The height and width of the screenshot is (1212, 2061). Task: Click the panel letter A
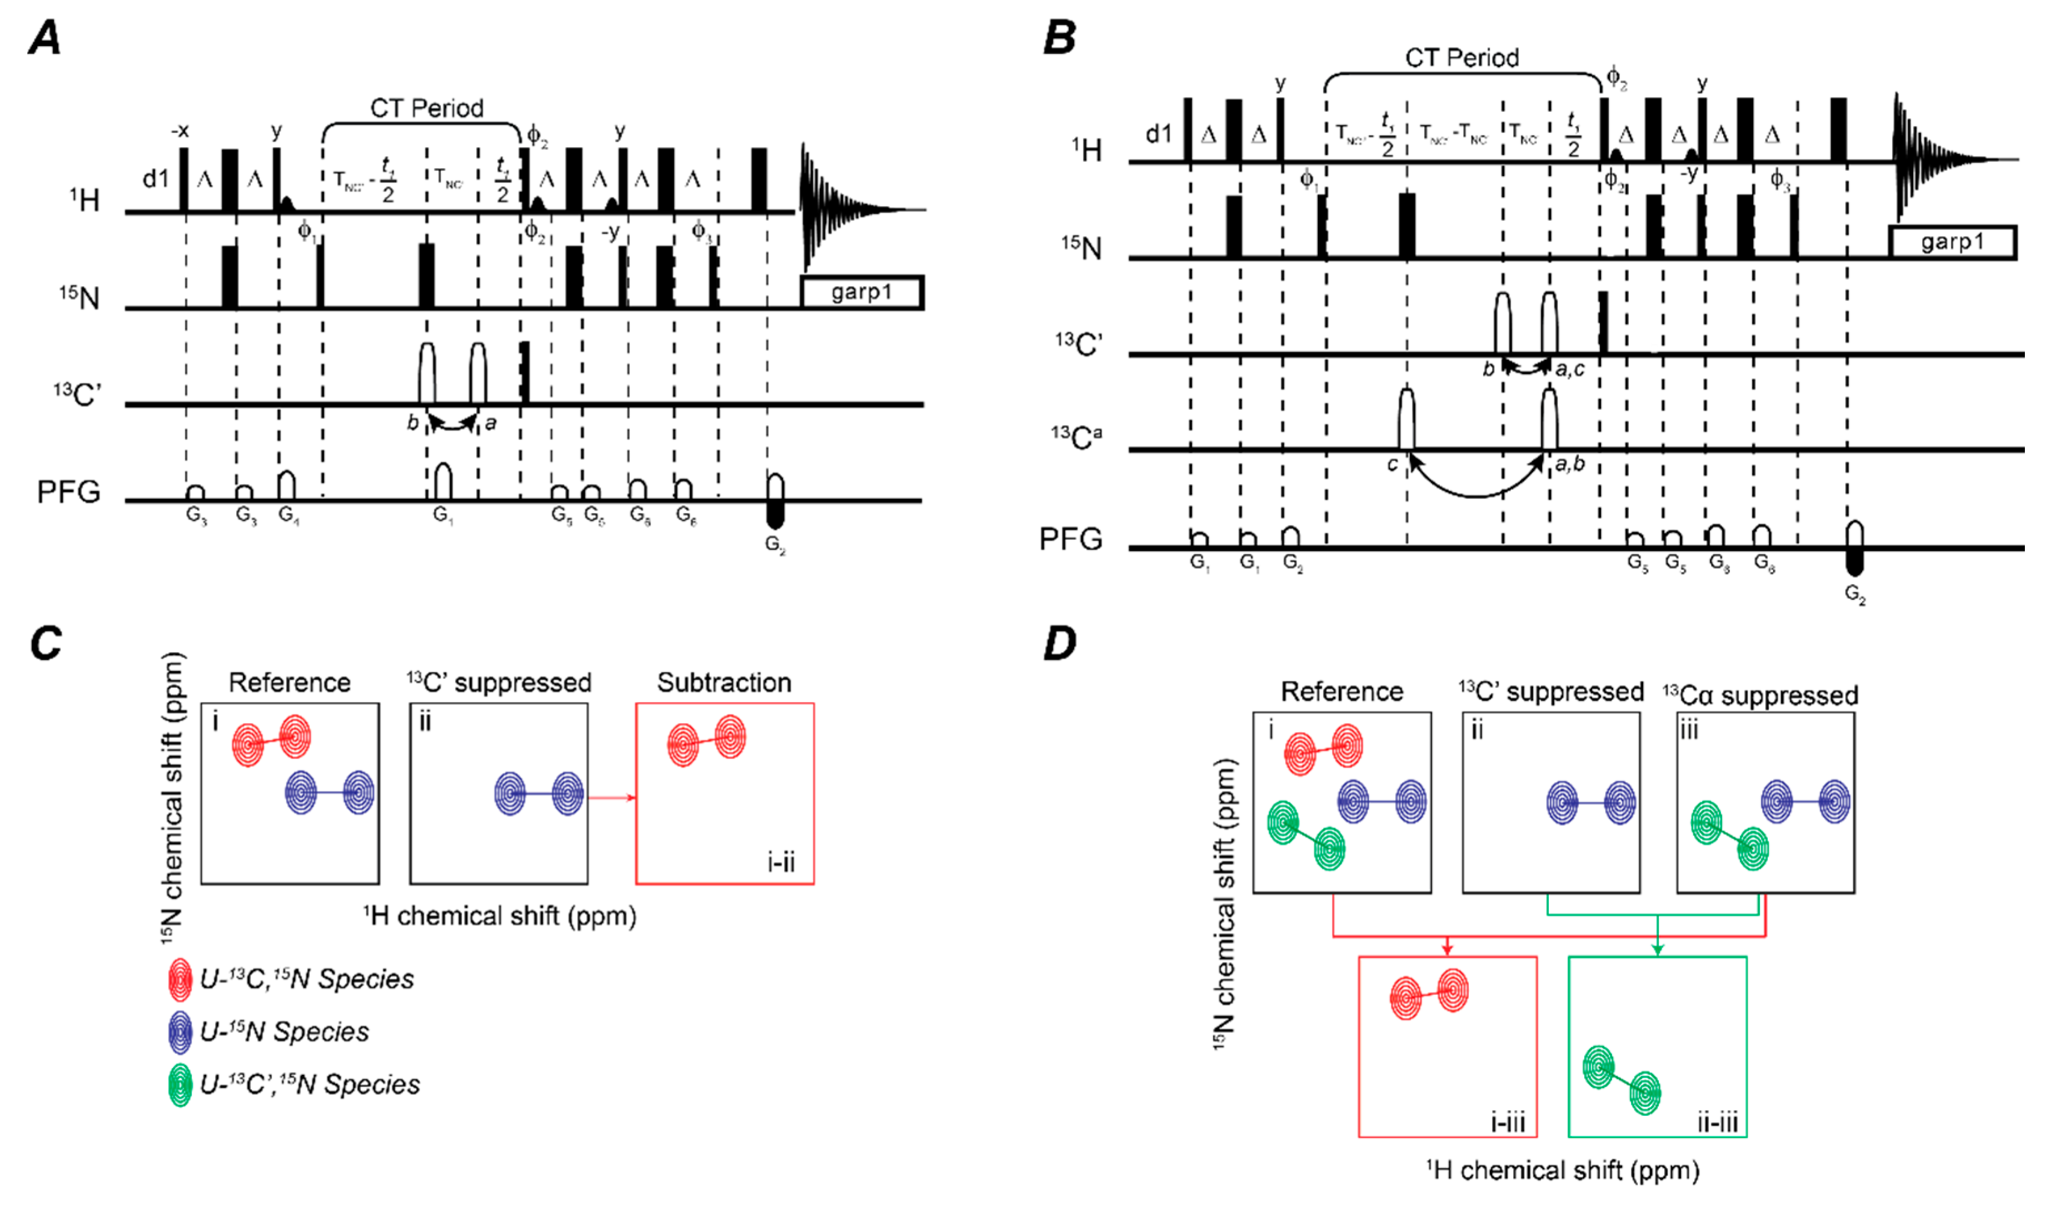click(45, 38)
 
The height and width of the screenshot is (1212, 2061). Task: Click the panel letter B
click(1060, 38)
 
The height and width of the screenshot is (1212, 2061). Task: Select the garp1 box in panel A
click(861, 292)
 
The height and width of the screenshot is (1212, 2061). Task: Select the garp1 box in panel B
click(1952, 242)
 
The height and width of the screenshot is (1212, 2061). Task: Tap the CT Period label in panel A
click(426, 108)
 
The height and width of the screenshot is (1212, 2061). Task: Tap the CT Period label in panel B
click(1462, 57)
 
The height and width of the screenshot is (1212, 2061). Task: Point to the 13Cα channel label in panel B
click(1076, 438)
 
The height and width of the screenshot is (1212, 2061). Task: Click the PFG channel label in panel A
click(69, 492)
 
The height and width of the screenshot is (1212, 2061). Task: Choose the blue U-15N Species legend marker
click(180, 1032)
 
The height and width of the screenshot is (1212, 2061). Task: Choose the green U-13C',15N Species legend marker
click(180, 1085)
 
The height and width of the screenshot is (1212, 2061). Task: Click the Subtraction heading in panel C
click(724, 682)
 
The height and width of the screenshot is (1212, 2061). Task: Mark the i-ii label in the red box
click(781, 862)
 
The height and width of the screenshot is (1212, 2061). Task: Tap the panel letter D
click(1060, 644)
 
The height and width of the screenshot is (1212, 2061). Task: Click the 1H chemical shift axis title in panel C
click(500, 916)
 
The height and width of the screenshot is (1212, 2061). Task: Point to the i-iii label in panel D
click(1507, 1122)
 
